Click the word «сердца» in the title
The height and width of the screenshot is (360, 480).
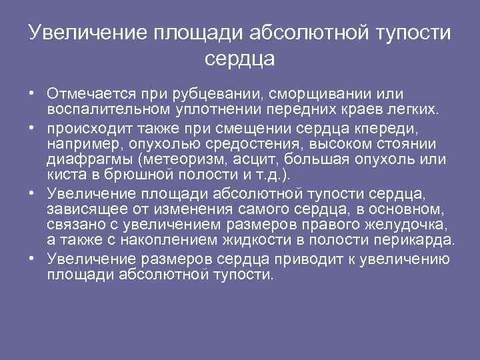coord(240,59)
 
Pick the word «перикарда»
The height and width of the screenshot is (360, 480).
coord(419,239)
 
